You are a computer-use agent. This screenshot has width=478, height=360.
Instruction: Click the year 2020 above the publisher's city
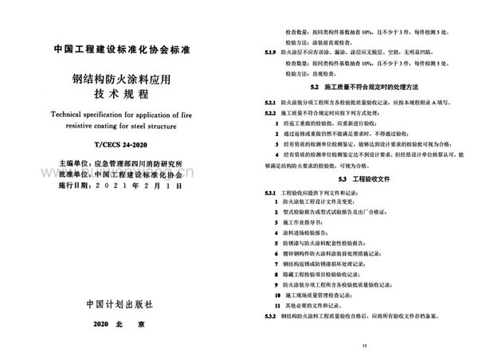pyautogui.click(x=105, y=327)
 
